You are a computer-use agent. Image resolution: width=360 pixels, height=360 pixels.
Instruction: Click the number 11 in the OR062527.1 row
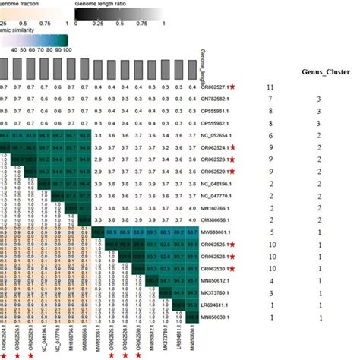point(270,87)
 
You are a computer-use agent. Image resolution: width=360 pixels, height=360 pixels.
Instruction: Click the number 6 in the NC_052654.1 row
point(270,134)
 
